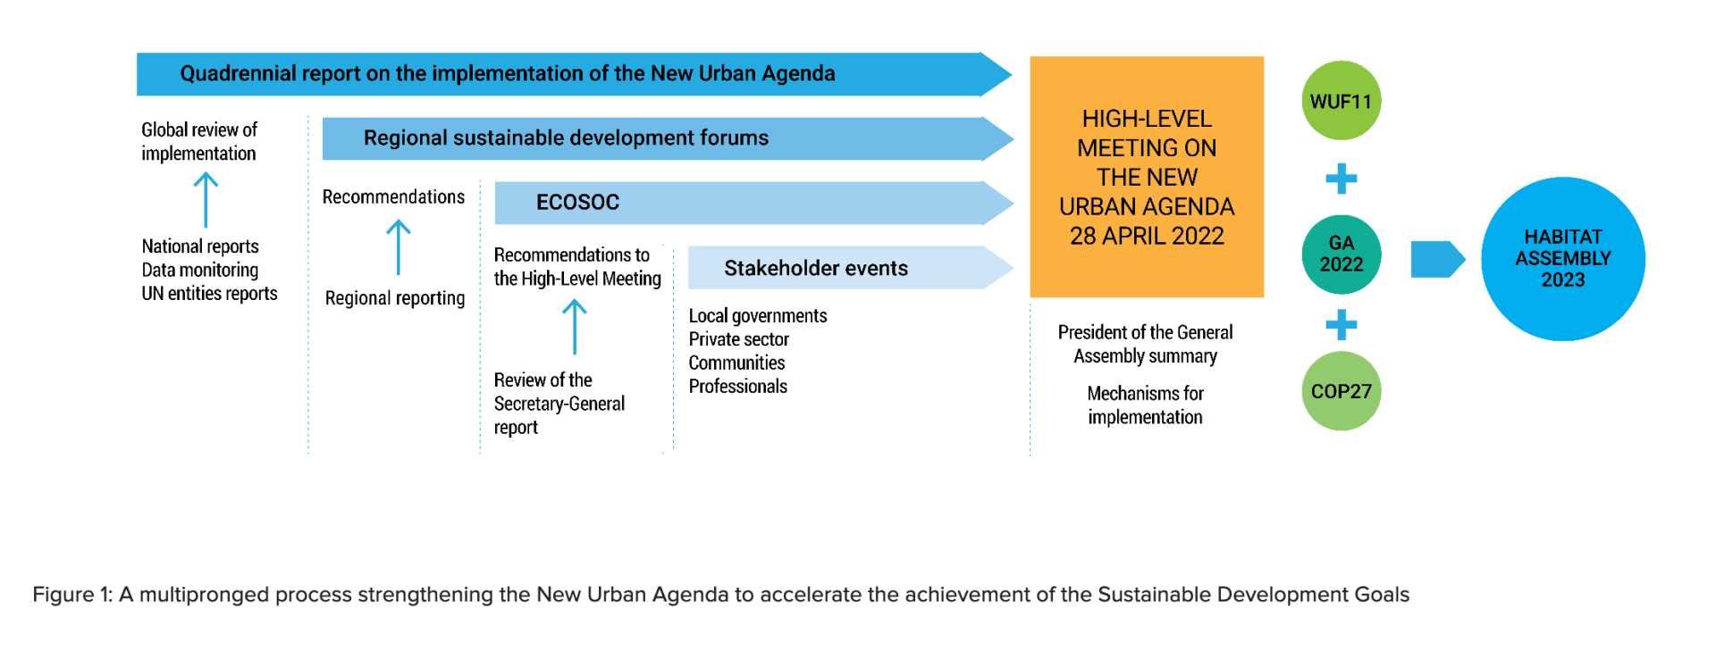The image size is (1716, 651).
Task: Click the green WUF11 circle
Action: (1341, 101)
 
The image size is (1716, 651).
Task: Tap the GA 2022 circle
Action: (1341, 255)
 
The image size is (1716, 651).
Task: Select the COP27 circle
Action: (1341, 391)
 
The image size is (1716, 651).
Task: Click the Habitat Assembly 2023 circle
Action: (1562, 259)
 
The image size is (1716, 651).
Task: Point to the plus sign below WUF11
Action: (1341, 179)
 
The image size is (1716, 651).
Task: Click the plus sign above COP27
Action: (1341, 324)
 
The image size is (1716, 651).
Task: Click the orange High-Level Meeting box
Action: (1147, 177)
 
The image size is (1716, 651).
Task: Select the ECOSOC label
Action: (577, 203)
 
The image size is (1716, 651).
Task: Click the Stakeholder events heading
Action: (816, 268)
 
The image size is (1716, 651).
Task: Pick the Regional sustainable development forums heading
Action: (566, 138)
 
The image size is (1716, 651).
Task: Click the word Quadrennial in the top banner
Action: (238, 73)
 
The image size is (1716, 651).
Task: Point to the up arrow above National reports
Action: (206, 200)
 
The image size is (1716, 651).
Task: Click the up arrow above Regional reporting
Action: (399, 248)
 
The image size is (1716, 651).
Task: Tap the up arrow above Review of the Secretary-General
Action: (575, 327)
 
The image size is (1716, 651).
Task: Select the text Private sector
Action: (738, 339)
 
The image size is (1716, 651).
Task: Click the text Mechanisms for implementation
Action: (1145, 405)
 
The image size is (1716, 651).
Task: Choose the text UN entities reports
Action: (209, 293)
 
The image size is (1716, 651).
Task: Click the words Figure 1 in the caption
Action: (72, 595)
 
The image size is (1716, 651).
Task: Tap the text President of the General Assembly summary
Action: (1145, 344)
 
